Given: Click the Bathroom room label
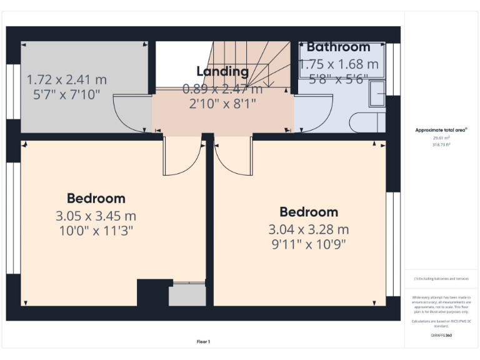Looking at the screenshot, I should click(338, 47).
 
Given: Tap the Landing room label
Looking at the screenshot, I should click(222, 71).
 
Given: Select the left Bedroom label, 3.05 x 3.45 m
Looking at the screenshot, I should click(96, 199).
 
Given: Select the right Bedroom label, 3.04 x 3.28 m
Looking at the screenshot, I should click(309, 212).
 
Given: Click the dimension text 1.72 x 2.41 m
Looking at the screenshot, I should click(66, 80).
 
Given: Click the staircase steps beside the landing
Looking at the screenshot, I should click(250, 62).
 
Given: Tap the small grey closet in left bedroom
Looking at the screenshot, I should click(187, 294).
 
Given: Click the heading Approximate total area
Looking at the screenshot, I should click(441, 130).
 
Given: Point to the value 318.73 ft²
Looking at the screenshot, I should click(441, 144).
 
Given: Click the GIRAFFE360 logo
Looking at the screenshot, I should click(441, 336).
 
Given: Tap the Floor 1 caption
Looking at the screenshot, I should click(203, 341).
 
